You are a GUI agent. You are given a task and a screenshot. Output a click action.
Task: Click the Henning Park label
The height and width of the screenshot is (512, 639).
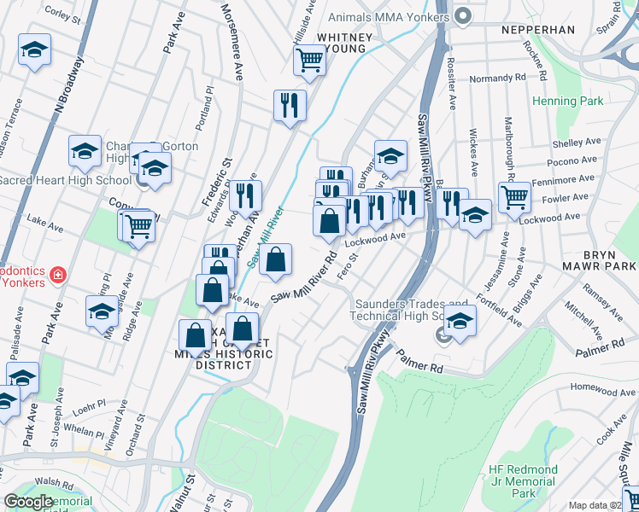[x=567, y=102]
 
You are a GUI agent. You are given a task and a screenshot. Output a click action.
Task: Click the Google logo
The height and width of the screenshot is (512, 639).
[x=29, y=502]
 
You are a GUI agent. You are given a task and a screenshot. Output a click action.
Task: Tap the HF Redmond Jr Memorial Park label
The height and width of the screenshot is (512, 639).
[x=524, y=481]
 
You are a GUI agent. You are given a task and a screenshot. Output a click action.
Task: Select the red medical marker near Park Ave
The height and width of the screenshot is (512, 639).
[x=57, y=275]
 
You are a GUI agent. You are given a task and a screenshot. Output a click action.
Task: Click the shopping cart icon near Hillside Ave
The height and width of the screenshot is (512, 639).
[x=308, y=60]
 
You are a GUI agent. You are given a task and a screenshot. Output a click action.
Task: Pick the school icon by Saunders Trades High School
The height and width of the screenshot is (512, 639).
[x=460, y=322]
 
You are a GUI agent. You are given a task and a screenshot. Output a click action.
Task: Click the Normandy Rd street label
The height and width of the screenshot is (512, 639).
[x=497, y=78]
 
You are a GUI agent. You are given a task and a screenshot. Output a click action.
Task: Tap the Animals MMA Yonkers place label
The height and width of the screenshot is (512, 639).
[x=389, y=17]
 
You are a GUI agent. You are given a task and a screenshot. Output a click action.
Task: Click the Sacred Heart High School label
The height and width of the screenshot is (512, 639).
[x=65, y=180]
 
